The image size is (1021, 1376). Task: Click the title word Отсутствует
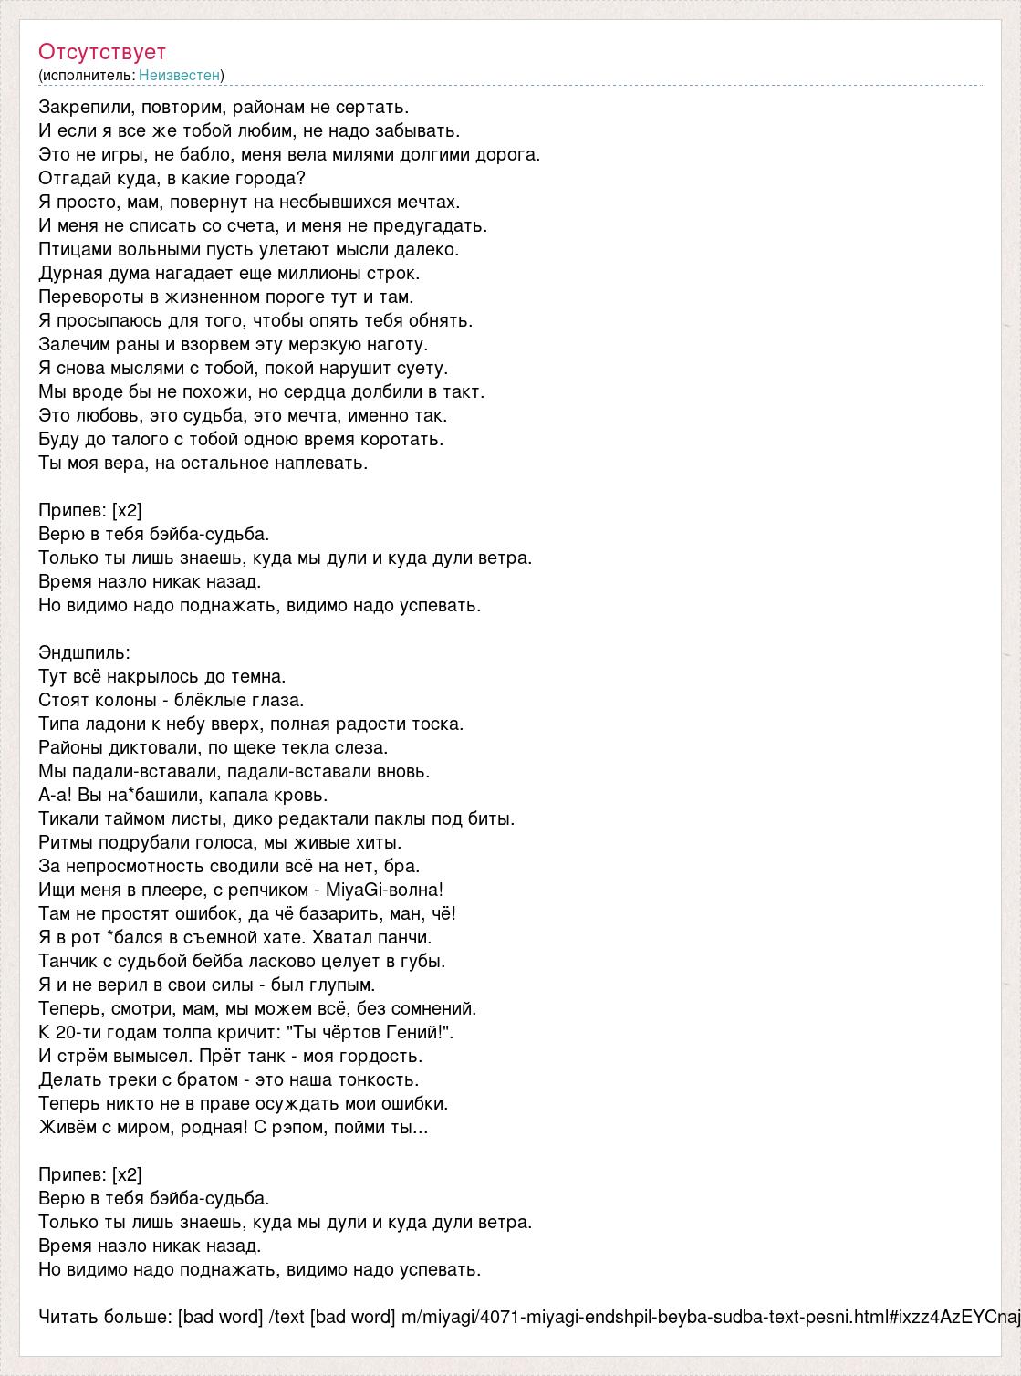pos(102,52)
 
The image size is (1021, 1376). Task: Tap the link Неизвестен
pos(179,75)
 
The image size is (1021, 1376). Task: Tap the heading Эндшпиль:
pos(85,653)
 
